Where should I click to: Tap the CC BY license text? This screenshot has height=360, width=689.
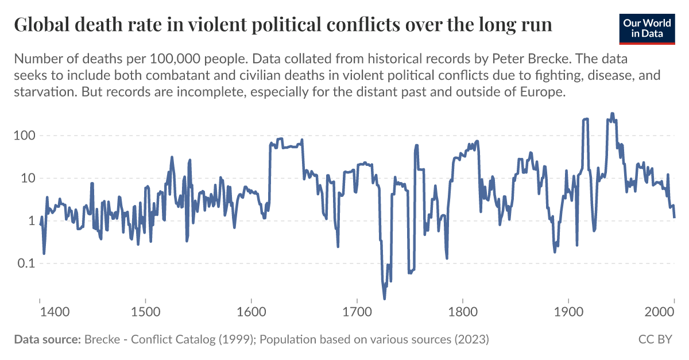655,339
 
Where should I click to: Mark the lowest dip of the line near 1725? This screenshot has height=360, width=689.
384,298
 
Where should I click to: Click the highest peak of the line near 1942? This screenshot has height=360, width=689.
612,114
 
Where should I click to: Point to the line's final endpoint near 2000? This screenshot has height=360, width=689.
674,217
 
